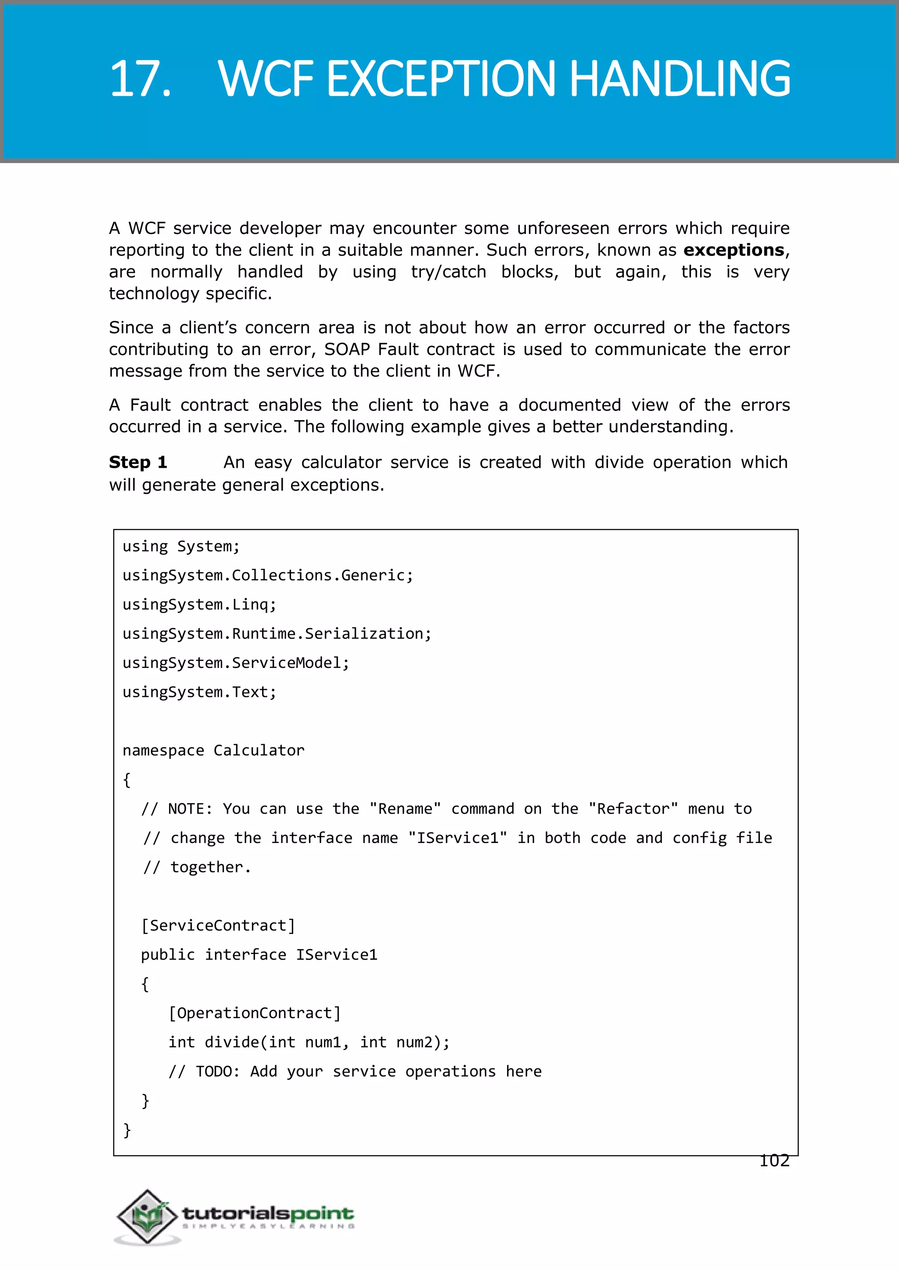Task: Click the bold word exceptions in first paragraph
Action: click(734, 250)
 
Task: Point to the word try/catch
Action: click(448, 272)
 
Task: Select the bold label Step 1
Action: click(138, 462)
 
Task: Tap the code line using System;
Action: click(181, 546)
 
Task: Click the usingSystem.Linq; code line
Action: click(199, 604)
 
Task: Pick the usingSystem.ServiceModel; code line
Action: click(236, 662)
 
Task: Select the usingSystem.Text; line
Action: click(199, 692)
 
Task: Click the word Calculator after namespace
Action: click(259, 750)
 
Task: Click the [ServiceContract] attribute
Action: click(218, 925)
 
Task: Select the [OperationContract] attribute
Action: click(255, 1013)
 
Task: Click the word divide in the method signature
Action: click(232, 1042)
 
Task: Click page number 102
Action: click(774, 1160)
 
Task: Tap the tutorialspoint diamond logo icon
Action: click(147, 1216)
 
